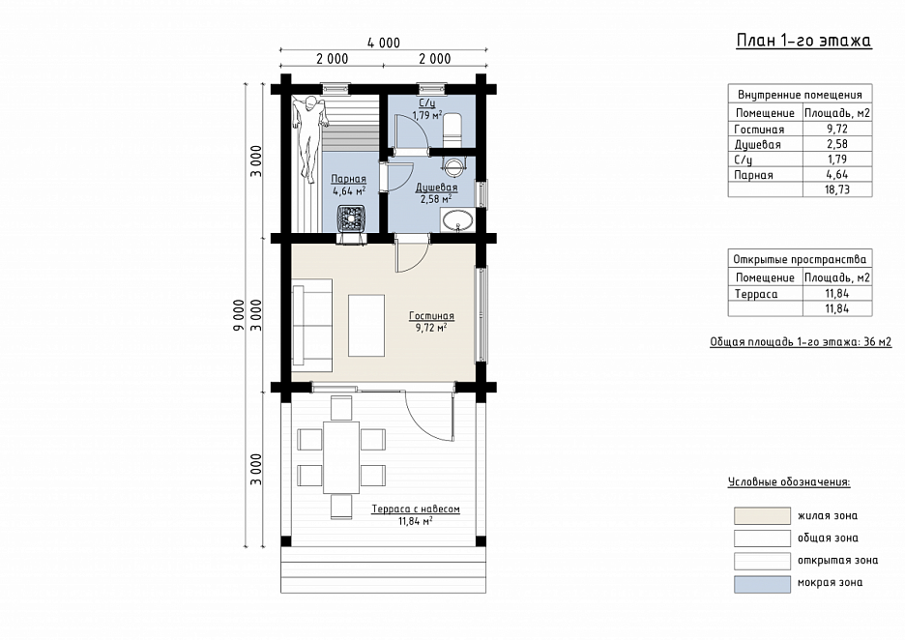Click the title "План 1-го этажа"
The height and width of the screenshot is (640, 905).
tap(803, 41)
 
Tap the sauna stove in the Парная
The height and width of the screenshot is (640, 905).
tap(353, 219)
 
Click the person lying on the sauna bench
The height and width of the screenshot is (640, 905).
tap(307, 138)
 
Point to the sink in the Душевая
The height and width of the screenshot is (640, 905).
tap(458, 220)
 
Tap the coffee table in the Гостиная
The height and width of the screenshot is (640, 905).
tap(365, 326)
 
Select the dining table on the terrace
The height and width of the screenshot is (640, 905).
tap(341, 457)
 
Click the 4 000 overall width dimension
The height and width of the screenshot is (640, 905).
tap(383, 43)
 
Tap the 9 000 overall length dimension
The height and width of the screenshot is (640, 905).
tap(239, 315)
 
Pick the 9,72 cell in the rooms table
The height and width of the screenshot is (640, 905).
tap(837, 129)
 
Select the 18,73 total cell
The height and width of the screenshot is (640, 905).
tap(837, 189)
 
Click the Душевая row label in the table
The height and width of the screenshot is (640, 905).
tap(757, 144)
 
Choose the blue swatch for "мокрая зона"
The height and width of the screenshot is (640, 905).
tap(762, 584)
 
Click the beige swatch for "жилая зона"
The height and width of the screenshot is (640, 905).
tap(762, 515)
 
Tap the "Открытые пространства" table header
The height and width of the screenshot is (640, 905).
tap(800, 259)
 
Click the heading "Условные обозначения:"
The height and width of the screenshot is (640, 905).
tap(789, 481)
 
